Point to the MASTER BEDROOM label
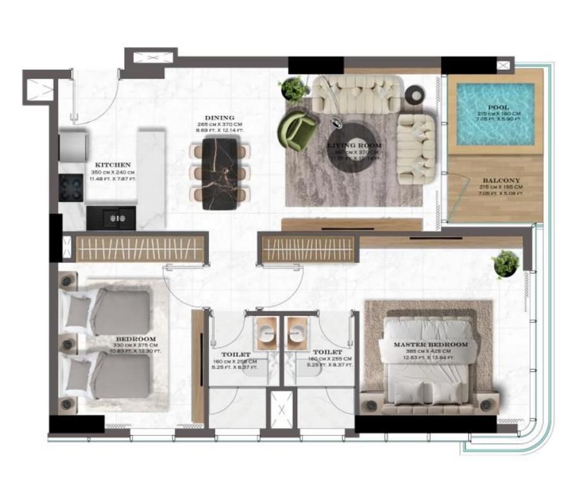430,344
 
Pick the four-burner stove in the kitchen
71,187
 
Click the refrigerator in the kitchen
72,147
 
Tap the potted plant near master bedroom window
506,263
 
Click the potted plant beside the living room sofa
294,89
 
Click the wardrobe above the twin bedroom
141,248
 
